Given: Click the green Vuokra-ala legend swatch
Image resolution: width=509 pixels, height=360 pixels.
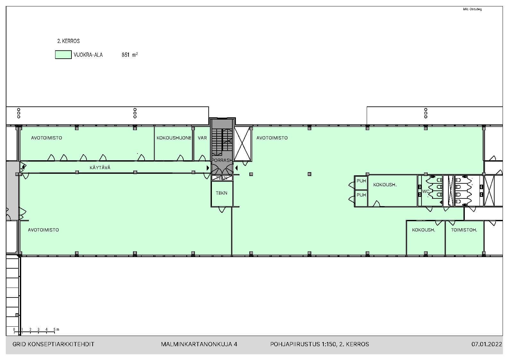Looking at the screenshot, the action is click(x=63, y=55).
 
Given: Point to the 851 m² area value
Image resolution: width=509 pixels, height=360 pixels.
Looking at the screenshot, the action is click(x=129, y=55).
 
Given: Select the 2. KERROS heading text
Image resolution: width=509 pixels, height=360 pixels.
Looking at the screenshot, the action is click(x=68, y=41).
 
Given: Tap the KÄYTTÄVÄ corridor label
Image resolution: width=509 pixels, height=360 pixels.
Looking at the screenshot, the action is click(x=100, y=168).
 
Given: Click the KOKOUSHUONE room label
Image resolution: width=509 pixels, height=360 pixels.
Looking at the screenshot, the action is click(x=174, y=138).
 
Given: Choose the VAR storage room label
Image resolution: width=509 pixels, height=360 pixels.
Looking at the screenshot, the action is click(x=202, y=138).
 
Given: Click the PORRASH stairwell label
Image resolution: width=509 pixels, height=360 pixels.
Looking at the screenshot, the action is click(x=222, y=160).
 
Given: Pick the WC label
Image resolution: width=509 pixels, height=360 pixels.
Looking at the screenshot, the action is click(x=426, y=191).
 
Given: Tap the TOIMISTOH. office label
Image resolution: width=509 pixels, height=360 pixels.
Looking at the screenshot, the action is click(x=464, y=230).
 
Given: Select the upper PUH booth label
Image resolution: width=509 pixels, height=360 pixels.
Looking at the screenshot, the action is click(x=361, y=181).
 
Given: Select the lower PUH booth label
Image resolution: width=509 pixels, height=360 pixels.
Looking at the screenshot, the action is click(x=361, y=195).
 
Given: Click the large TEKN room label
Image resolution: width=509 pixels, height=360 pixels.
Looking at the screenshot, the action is click(x=221, y=193).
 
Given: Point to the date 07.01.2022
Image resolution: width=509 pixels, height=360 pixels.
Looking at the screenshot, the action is click(x=487, y=344).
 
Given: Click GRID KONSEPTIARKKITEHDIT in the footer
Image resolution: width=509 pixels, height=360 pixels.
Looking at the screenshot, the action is click(x=54, y=344).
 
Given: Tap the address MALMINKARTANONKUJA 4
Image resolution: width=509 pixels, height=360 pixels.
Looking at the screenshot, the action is click(x=199, y=344).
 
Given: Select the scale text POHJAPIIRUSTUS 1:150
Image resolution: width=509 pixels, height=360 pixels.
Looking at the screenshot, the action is click(x=303, y=344).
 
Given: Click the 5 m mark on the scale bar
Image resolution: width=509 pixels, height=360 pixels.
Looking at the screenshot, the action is click(x=55, y=329).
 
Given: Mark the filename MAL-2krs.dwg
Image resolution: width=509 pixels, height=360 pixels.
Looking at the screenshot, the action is click(x=472, y=9).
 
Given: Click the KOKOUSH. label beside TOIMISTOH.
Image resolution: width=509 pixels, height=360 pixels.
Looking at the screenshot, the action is click(x=423, y=230).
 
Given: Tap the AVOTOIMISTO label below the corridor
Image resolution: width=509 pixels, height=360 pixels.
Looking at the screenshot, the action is click(x=43, y=230).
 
